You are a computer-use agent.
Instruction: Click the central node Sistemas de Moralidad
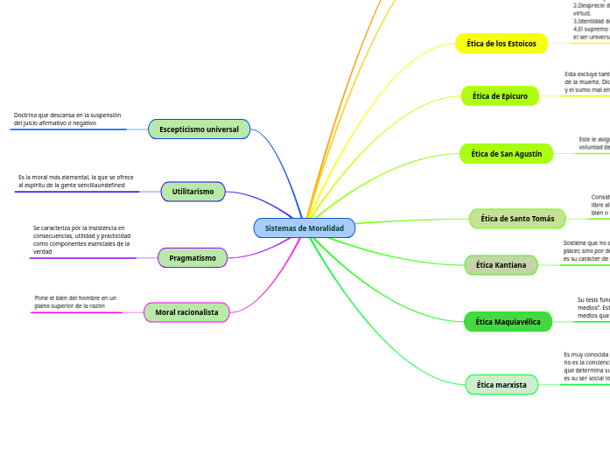305,228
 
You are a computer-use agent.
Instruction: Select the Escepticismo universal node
199,129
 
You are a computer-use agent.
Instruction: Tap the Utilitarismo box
193,192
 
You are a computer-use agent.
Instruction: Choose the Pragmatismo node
193,258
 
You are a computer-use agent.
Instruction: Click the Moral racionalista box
186,312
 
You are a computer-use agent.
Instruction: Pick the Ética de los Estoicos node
501,44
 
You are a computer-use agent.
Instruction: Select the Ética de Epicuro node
500,96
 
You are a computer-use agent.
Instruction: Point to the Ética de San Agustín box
506,154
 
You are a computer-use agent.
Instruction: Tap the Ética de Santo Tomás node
517,219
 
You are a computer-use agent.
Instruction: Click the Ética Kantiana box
501,265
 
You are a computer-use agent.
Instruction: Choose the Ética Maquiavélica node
508,322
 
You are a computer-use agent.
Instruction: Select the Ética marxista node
501,385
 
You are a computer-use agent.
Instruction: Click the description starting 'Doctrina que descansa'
67,119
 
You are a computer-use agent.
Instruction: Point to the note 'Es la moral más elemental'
76,181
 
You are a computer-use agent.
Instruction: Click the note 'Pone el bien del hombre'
75,302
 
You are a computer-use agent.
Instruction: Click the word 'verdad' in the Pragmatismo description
43,252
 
